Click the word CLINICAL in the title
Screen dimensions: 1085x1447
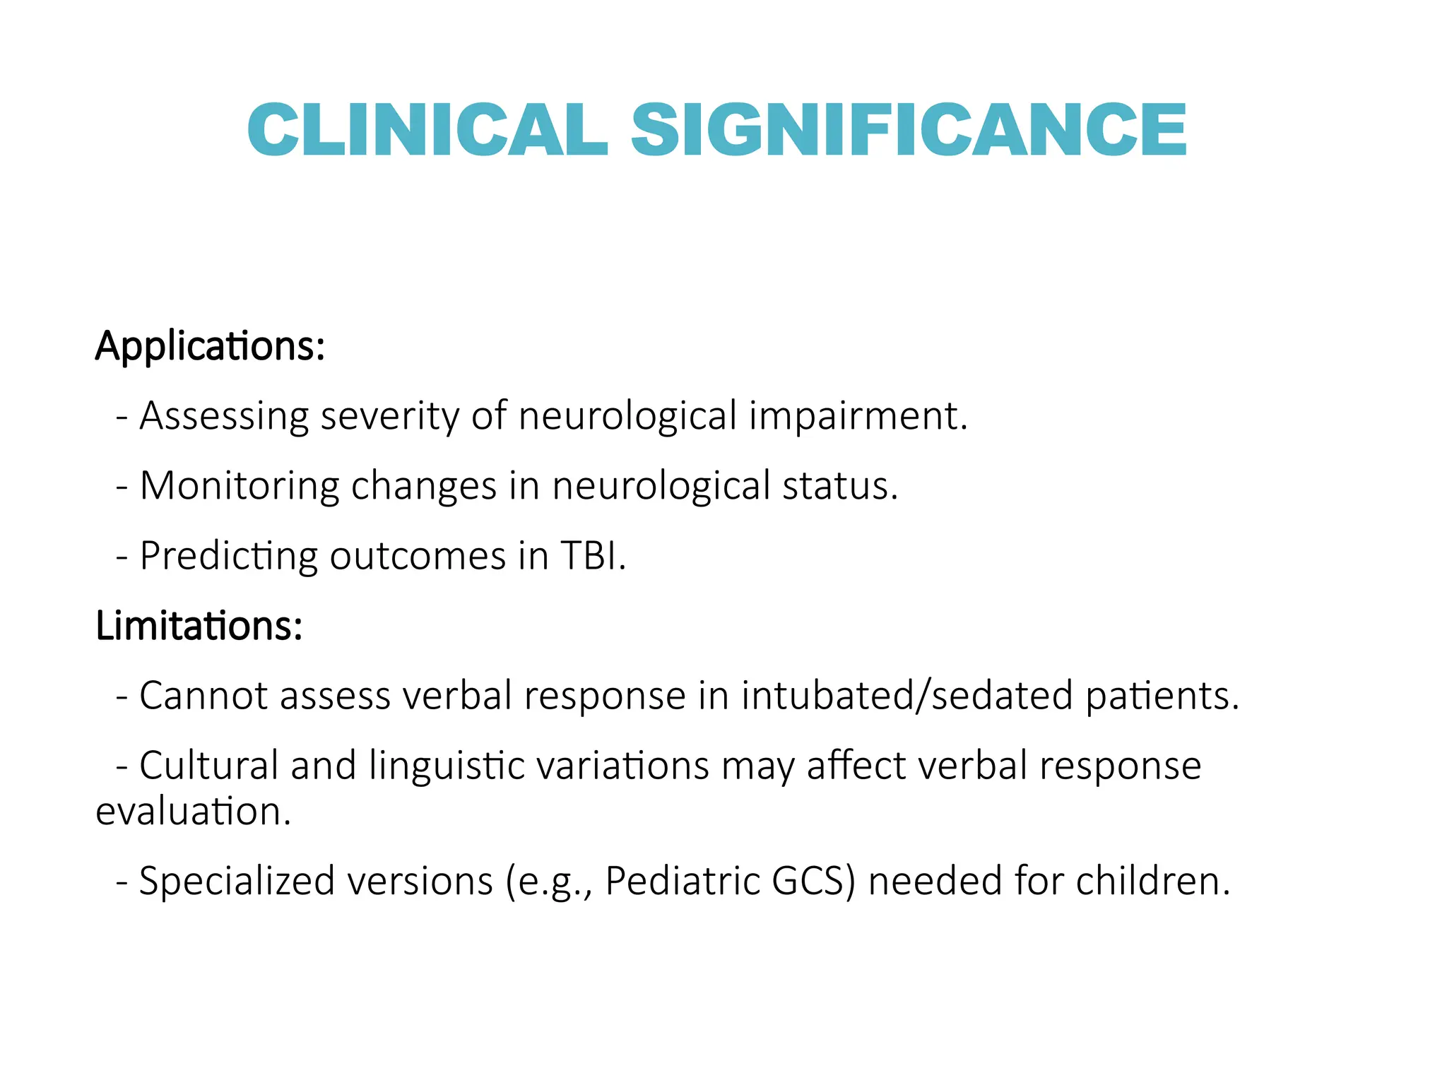point(427,129)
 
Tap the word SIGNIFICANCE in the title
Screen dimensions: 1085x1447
point(909,129)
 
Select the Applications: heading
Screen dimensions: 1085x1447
point(210,347)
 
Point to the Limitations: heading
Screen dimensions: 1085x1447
point(199,626)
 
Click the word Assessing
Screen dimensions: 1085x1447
point(224,416)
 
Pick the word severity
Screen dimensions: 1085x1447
point(389,416)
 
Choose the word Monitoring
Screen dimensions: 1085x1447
point(240,486)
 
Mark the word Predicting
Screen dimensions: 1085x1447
point(229,556)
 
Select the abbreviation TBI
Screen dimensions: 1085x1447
point(592,556)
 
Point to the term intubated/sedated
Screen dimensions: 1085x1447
point(907,696)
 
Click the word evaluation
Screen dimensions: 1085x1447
point(192,811)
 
